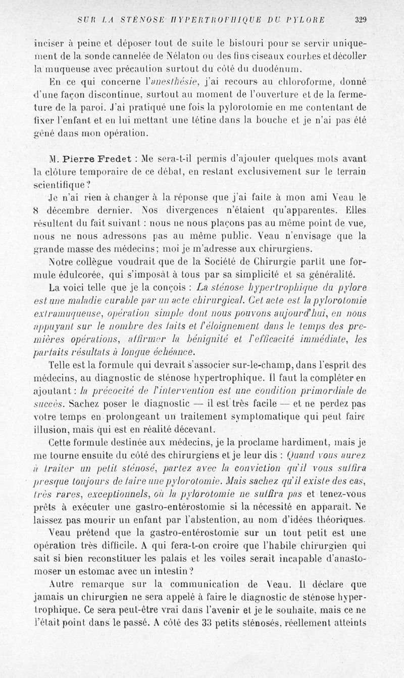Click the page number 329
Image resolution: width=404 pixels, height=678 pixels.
[360, 20]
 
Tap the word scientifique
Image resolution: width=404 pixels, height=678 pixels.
[57, 185]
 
